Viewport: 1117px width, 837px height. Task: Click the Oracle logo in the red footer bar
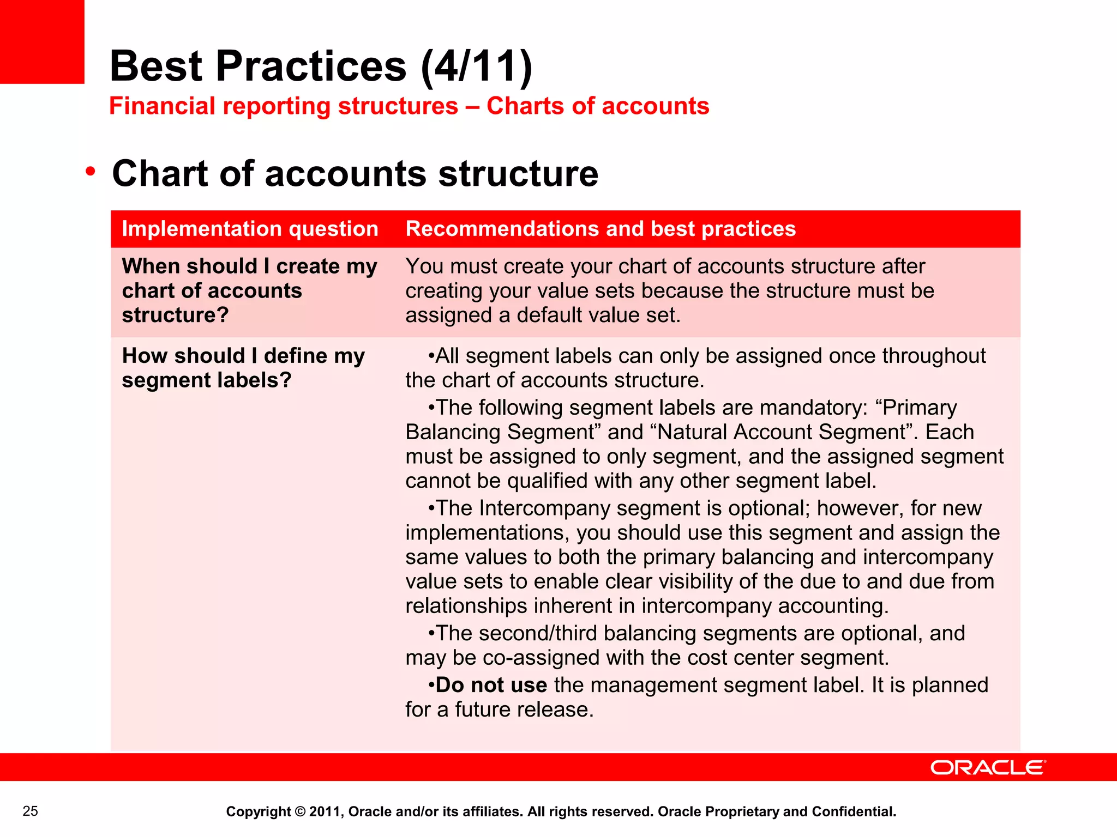(988, 767)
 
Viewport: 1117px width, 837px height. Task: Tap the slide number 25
(31, 811)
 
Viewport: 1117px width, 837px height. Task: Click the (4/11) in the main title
(477, 66)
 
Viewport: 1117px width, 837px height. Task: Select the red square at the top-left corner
(42, 41)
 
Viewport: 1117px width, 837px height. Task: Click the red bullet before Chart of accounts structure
(91, 172)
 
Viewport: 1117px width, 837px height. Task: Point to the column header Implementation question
(250, 229)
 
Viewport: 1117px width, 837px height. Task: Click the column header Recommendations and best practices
(600, 229)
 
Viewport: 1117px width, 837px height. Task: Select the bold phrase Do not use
(491, 685)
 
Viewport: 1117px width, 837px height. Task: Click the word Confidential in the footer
(853, 811)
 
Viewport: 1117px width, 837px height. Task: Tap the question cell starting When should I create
(249, 290)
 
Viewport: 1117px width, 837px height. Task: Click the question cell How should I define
(243, 368)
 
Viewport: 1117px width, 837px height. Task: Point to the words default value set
(602, 316)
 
